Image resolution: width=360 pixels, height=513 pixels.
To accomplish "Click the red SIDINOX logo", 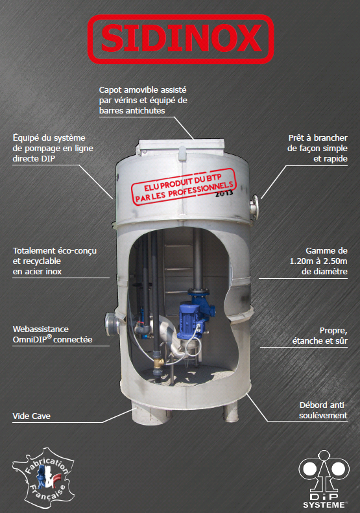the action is pyautogui.click(x=180, y=39).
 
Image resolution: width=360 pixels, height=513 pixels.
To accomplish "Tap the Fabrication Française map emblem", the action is pyautogui.click(x=43, y=478).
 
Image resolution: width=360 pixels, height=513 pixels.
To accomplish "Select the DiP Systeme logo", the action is pyautogui.click(x=324, y=479).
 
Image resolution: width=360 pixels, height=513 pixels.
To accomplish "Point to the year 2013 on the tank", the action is pyautogui.click(x=224, y=193).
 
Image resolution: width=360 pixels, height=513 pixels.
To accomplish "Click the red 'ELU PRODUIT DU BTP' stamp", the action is pyautogui.click(x=184, y=187).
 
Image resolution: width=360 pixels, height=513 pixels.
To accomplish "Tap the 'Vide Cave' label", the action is pyautogui.click(x=31, y=416).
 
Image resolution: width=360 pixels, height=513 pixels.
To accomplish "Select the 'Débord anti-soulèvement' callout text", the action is pyautogui.click(x=323, y=410).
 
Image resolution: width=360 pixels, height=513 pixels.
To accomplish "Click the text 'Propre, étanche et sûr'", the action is pyautogui.click(x=320, y=335).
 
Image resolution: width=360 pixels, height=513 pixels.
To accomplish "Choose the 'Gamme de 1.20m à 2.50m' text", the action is pyautogui.click(x=318, y=261).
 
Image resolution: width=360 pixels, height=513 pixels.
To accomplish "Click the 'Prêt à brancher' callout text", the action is pyautogui.click(x=317, y=149).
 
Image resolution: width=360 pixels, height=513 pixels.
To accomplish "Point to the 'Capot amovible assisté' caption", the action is pyautogui.click(x=143, y=100).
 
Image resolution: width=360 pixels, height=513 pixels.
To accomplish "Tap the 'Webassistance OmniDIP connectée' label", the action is pyautogui.click(x=53, y=334).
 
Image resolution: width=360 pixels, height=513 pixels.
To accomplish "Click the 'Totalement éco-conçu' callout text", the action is pyautogui.click(x=54, y=261).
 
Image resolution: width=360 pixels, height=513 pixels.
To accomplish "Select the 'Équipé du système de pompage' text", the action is pyautogui.click(x=53, y=149).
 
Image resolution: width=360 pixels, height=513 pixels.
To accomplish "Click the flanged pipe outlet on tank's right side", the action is pyautogui.click(x=254, y=207).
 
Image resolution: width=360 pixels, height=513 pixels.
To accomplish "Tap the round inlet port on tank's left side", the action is pyautogui.click(x=112, y=324).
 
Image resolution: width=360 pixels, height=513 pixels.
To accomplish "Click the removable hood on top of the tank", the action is pyautogui.click(x=181, y=147).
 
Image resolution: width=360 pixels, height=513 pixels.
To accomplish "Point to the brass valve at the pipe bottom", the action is pyautogui.click(x=160, y=362).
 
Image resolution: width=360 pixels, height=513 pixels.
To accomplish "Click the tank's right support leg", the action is pyautogui.click(x=230, y=412).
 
